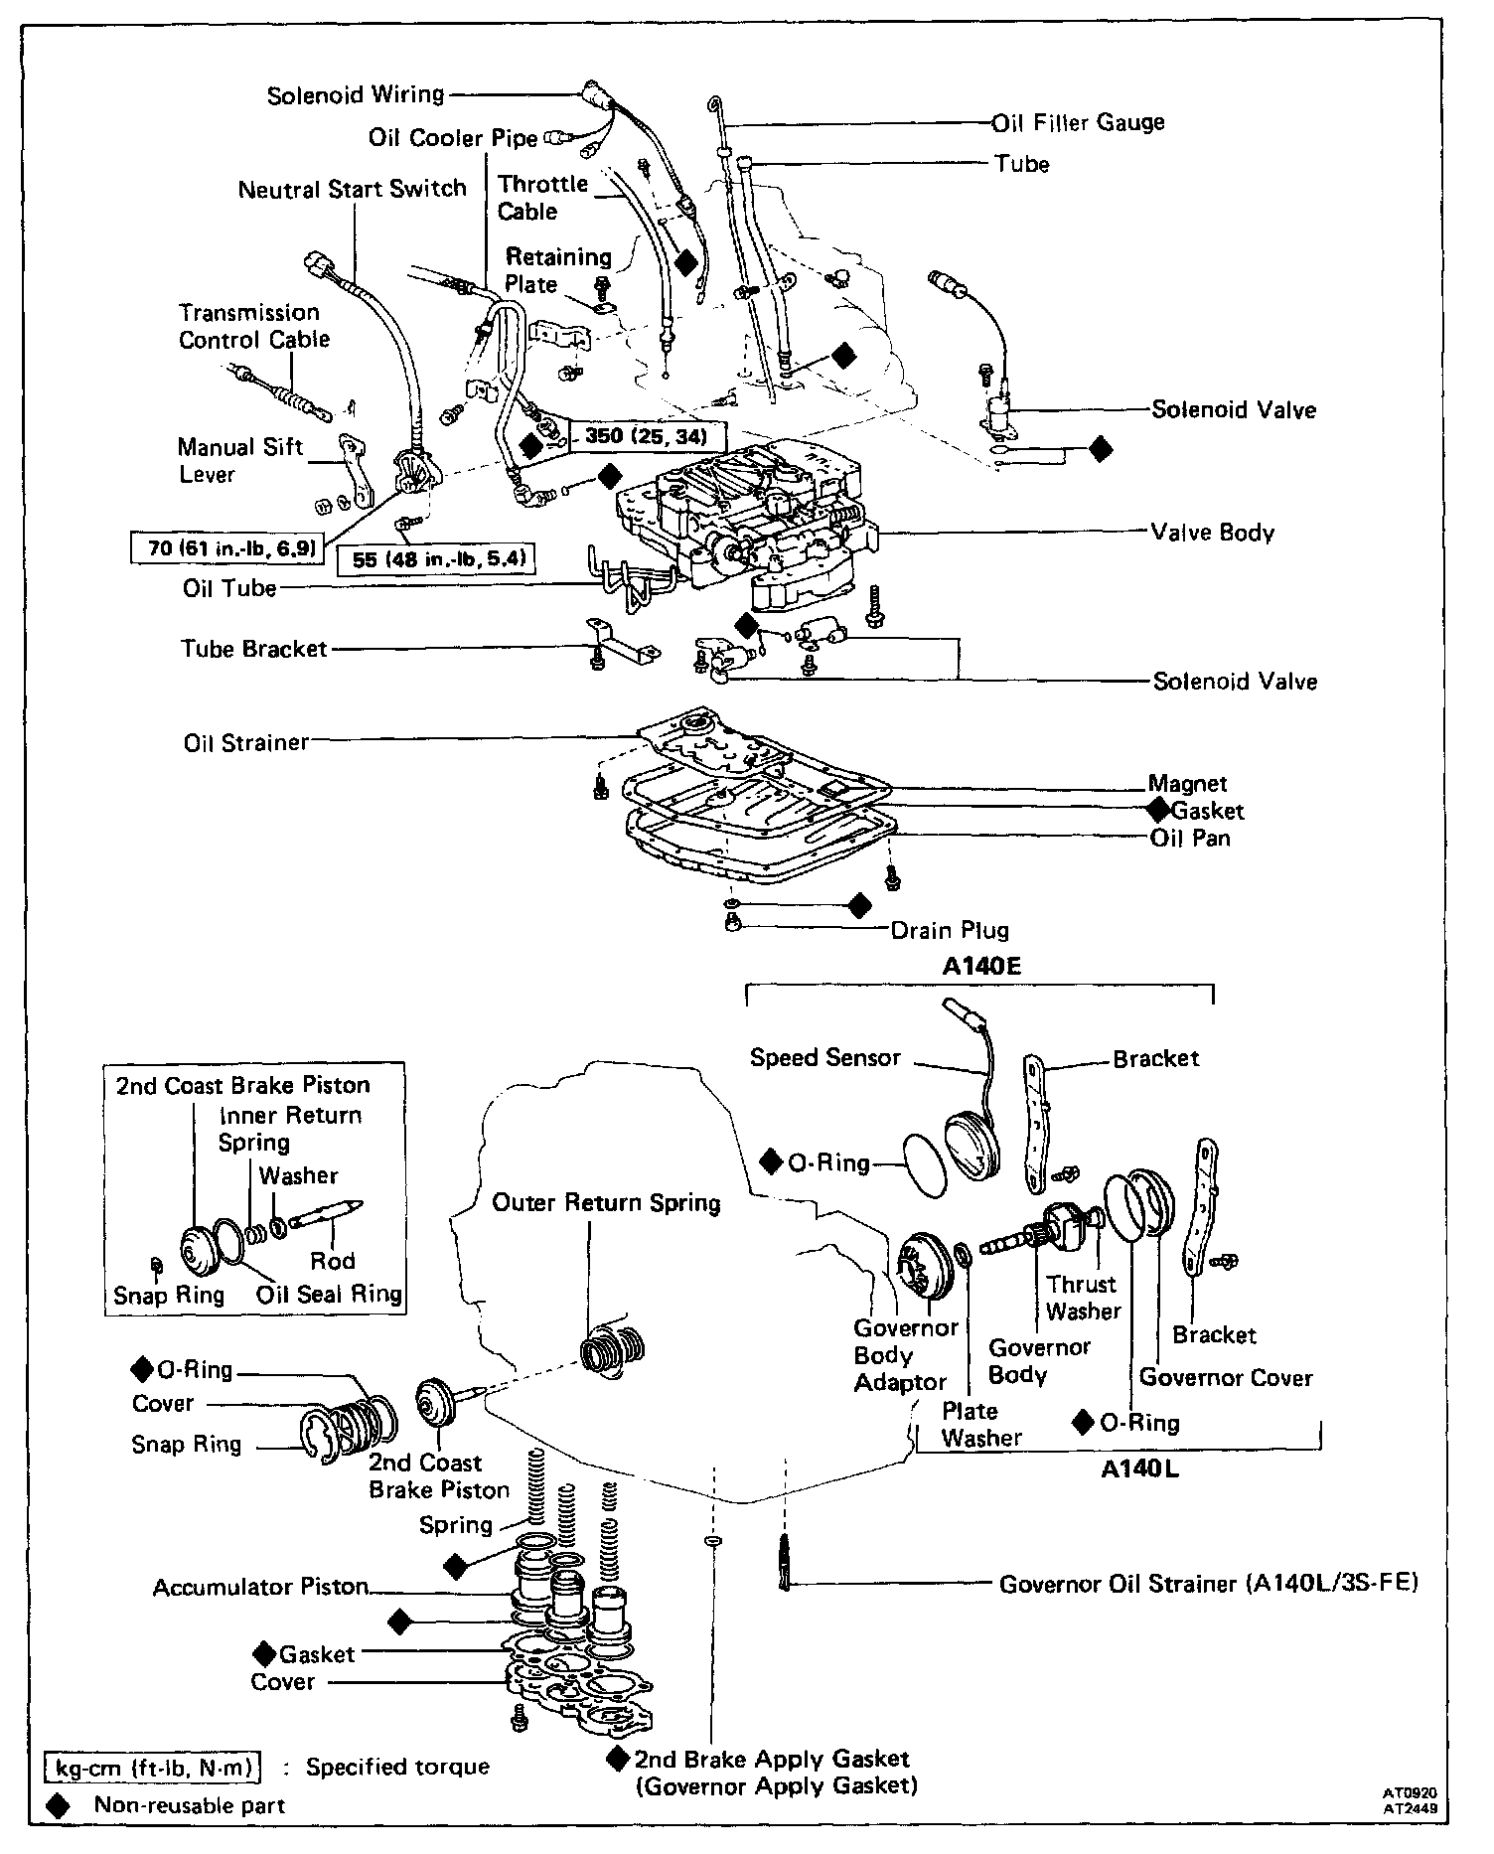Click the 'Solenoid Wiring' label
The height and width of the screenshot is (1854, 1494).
[355, 95]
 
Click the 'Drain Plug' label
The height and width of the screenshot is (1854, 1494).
[950, 930]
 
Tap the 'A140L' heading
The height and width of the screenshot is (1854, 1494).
[1139, 1468]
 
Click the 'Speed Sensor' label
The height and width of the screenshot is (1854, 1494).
[824, 1057]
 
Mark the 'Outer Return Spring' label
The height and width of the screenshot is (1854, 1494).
[606, 1202]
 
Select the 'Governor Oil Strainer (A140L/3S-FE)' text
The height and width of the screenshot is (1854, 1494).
[1208, 1584]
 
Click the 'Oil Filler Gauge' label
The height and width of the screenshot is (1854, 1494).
[1079, 122]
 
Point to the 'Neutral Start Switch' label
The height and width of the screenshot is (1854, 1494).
[352, 189]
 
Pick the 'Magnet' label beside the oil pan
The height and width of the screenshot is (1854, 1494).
[1187, 784]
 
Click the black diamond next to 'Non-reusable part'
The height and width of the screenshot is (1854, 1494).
[59, 1805]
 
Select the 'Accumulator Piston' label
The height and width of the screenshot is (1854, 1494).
[260, 1587]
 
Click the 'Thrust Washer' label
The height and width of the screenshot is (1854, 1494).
[1082, 1298]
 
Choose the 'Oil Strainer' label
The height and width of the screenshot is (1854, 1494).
[245, 743]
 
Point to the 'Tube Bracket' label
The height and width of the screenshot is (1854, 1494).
[253, 649]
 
